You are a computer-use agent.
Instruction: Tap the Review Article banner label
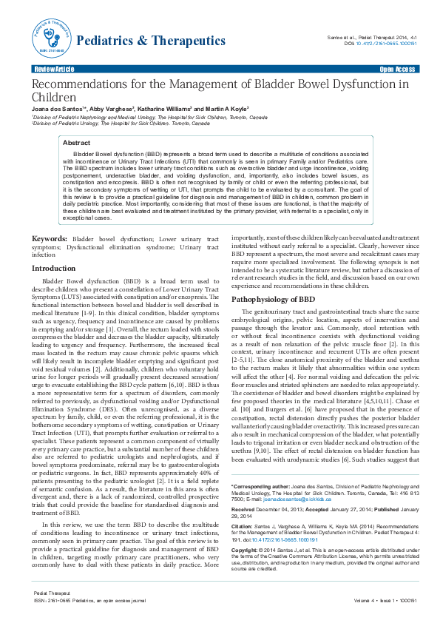click(54, 69)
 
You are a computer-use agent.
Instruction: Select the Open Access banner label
click(396, 69)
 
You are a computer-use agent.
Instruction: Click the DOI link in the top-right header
click(387, 44)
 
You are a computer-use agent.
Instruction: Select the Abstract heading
click(76, 142)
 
